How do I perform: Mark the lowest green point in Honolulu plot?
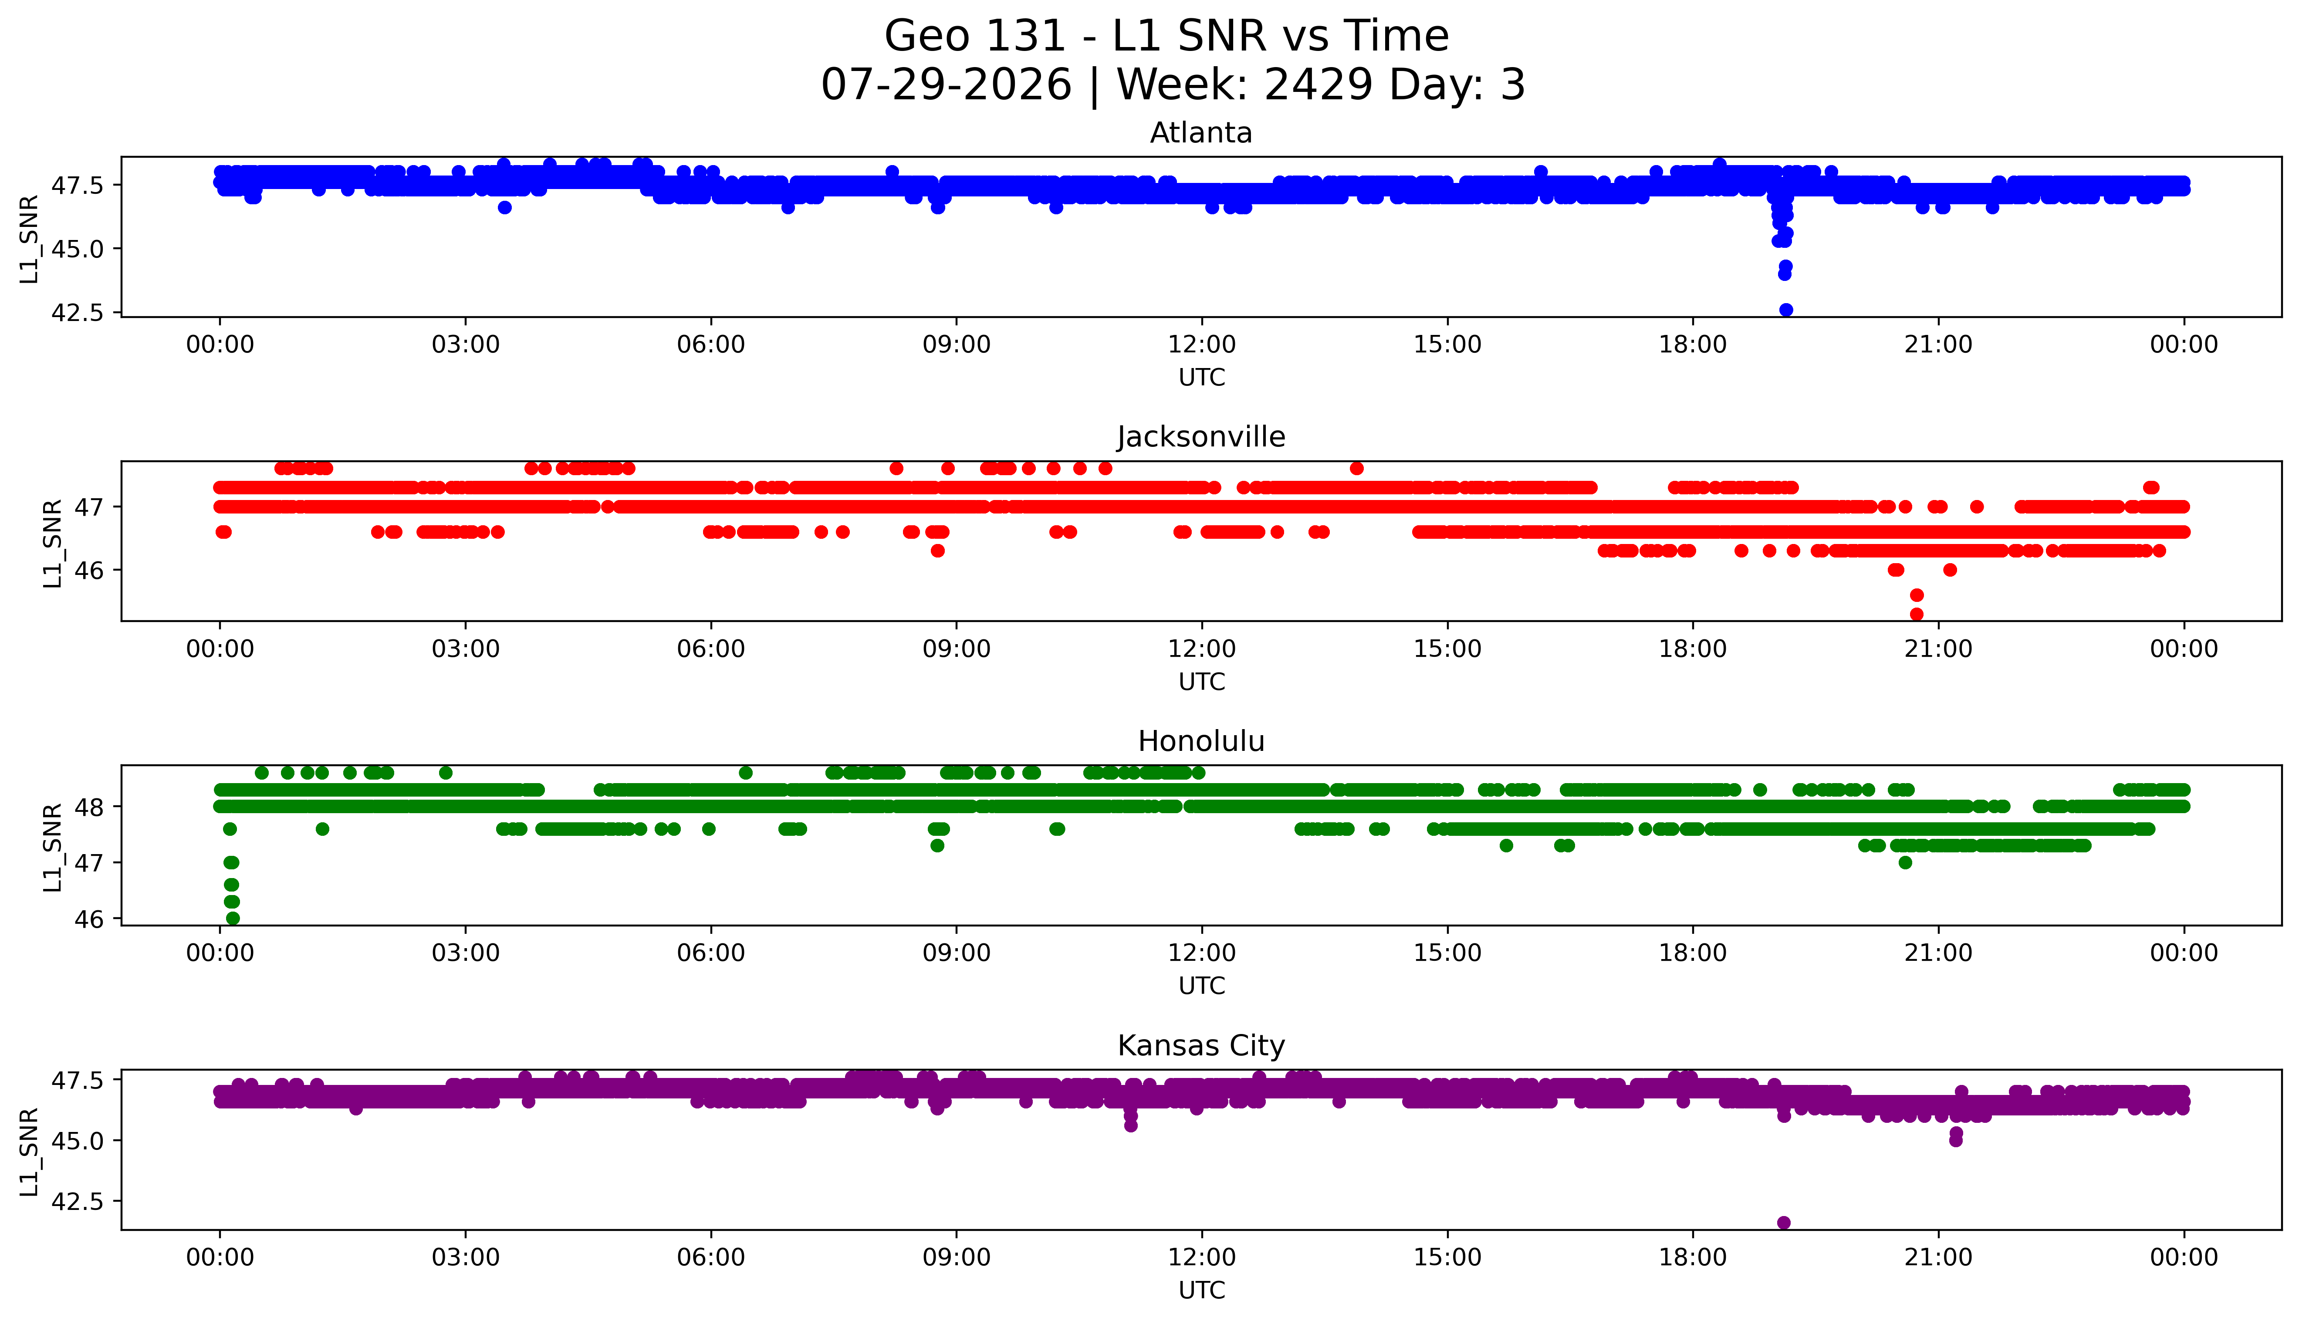(x=232, y=918)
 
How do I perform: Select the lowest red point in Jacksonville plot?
(x=1916, y=614)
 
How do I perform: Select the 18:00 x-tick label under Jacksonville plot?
(x=1693, y=649)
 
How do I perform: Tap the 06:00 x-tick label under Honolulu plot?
(x=710, y=953)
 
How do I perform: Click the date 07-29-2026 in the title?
(x=946, y=85)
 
